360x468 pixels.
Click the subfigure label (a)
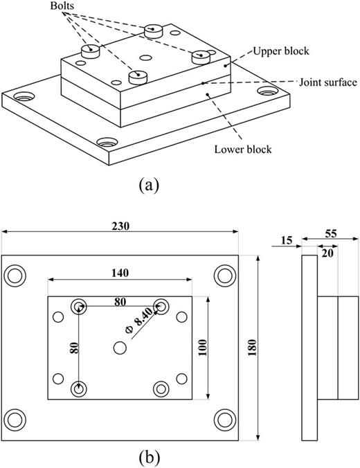(150, 186)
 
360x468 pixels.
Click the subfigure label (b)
(150, 458)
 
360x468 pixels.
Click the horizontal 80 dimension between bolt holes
(120, 301)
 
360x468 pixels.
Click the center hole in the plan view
(120, 349)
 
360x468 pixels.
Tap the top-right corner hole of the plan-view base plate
(224, 275)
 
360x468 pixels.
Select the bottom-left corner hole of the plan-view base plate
(15, 420)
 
